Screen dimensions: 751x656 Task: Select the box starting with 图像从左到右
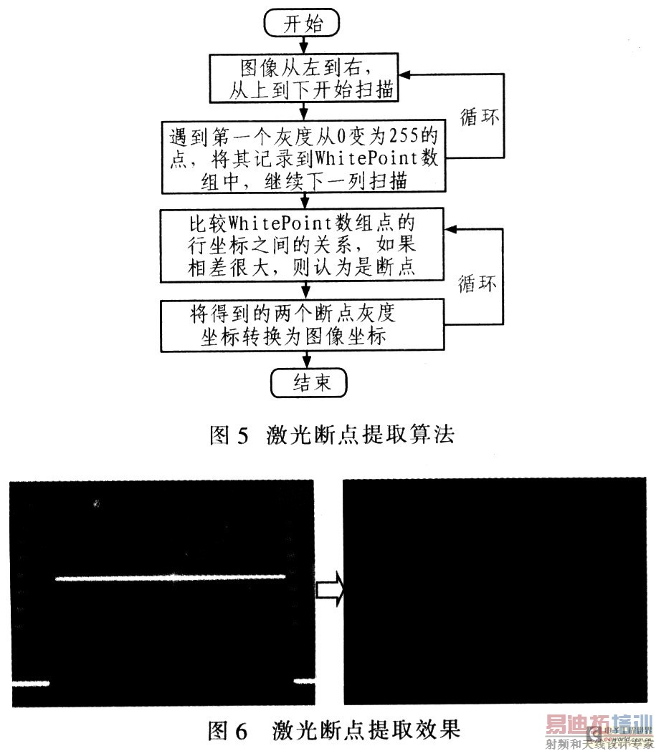308,81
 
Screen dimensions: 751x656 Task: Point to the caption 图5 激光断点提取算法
331,435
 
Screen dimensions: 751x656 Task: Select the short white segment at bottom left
29,682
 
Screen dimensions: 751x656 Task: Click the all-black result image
495,591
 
